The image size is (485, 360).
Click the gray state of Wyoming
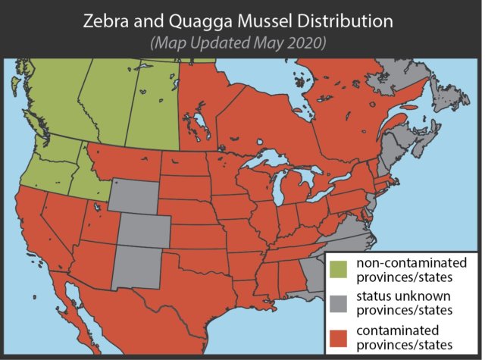click(134, 196)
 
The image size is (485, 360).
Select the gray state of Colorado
click(144, 231)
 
